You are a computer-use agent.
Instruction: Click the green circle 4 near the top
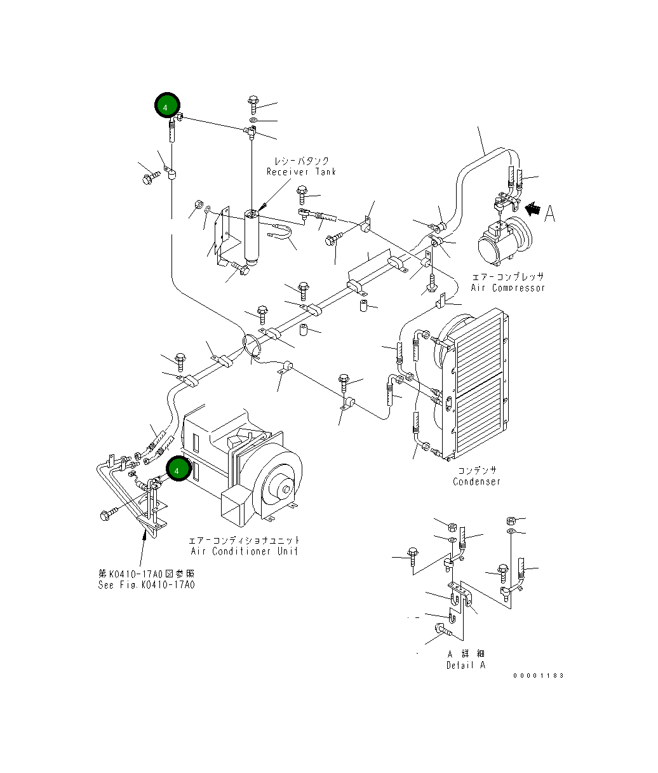(166, 107)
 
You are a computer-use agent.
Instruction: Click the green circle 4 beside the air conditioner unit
(177, 469)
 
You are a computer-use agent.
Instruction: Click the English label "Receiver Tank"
(301, 172)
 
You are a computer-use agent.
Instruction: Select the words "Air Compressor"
(507, 288)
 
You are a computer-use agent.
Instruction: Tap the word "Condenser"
(476, 481)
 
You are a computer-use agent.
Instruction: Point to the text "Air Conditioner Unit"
(244, 551)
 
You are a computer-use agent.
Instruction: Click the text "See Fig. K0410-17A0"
(146, 585)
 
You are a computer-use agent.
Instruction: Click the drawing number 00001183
(539, 676)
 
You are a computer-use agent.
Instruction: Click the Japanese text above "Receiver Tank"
(302, 161)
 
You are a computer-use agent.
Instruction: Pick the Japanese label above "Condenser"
(476, 470)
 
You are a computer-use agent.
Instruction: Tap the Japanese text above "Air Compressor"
(507, 277)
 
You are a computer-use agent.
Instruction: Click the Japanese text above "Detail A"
(466, 654)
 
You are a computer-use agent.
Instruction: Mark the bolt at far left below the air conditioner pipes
(108, 513)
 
